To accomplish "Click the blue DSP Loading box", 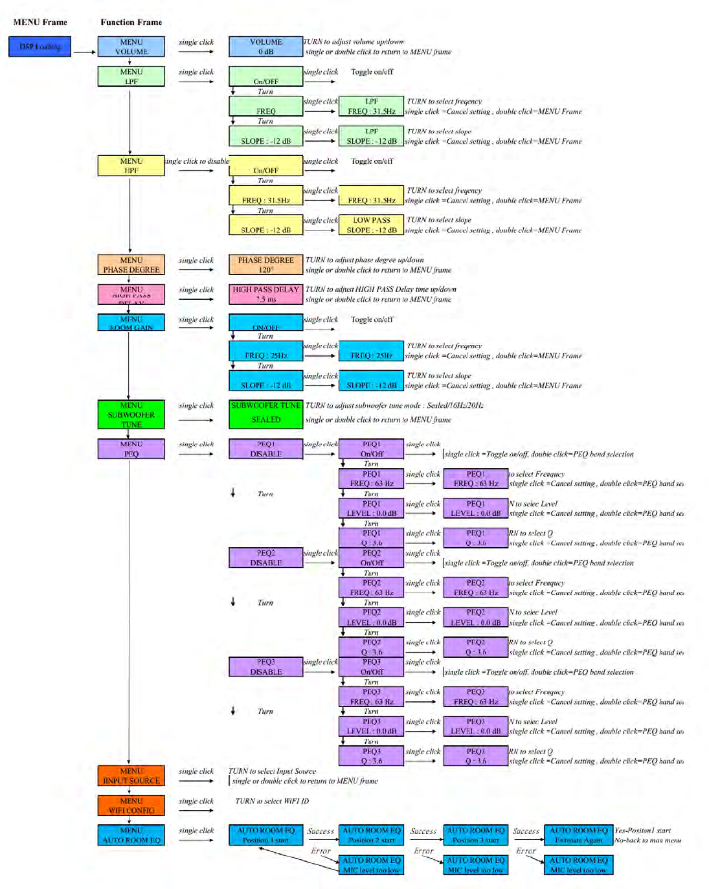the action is coord(39,47).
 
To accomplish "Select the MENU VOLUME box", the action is coord(131,47).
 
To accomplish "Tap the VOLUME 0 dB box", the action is coord(265,47).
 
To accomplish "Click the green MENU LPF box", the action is coord(131,76).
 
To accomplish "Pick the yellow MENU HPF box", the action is coord(131,166).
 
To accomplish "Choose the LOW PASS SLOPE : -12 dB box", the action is coord(372,225).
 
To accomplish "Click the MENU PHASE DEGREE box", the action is coord(131,265).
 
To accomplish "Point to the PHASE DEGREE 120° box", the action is coord(265,265).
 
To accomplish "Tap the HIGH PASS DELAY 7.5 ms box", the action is coord(265,294).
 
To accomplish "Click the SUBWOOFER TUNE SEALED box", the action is coord(265,414).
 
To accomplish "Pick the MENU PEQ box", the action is coord(131,449).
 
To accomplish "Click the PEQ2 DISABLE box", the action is coord(265,557).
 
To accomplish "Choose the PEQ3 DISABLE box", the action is coord(265,666).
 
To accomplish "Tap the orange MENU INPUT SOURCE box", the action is coord(131,776).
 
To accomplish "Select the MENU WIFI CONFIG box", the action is coord(131,805).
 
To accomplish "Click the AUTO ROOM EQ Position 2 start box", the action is coord(372,835).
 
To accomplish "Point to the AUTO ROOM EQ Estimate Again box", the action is coord(578,835).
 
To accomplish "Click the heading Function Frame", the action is coord(131,22).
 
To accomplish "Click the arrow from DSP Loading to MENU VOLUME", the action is coord(84,52).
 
